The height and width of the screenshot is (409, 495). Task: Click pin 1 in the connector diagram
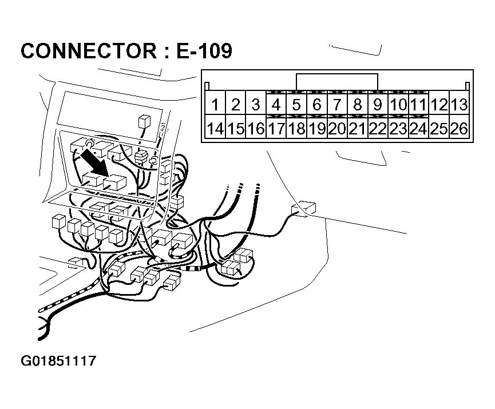(x=215, y=105)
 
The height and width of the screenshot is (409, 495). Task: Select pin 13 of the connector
(x=459, y=105)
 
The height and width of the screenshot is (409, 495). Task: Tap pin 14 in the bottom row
(x=215, y=129)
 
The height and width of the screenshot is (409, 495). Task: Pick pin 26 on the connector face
(x=459, y=129)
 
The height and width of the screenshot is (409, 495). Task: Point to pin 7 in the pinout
(x=337, y=105)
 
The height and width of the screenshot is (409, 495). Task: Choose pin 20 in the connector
(x=337, y=129)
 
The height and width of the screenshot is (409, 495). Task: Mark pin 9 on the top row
(x=378, y=105)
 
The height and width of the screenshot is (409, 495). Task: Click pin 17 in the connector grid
(x=276, y=129)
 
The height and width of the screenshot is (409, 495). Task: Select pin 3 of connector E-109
(x=256, y=105)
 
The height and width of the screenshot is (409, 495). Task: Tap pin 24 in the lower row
(x=418, y=129)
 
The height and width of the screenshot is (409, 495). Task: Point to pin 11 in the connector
(x=418, y=105)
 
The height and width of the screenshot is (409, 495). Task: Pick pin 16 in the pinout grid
(x=256, y=129)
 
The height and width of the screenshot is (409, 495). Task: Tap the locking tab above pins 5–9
(x=336, y=82)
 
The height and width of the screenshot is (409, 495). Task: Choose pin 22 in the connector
(x=378, y=129)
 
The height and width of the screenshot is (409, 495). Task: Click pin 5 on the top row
(x=296, y=105)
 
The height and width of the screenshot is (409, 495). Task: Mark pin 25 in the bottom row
(x=439, y=129)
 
